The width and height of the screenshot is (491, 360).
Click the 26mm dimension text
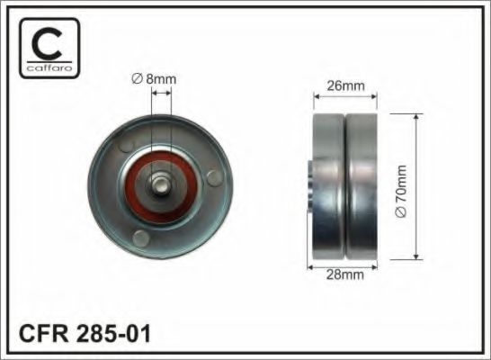[x=344, y=86]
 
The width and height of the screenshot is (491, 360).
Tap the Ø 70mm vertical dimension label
[x=402, y=189]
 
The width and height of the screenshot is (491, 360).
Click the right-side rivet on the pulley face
[x=212, y=176]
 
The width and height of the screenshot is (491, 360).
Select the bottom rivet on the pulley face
[x=141, y=238]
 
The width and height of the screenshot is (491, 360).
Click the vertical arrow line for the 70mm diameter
[x=416, y=189]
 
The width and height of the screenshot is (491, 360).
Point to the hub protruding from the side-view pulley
[x=308, y=186]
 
